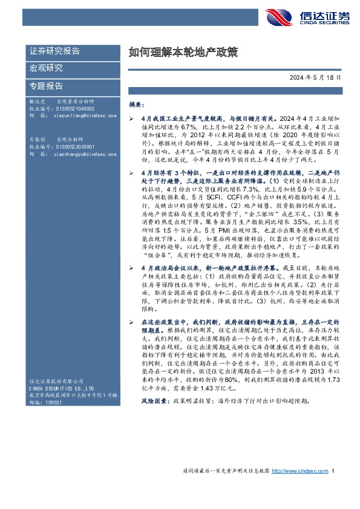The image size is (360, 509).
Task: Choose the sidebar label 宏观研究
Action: [46, 68]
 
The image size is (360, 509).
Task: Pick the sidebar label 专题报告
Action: [46, 85]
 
